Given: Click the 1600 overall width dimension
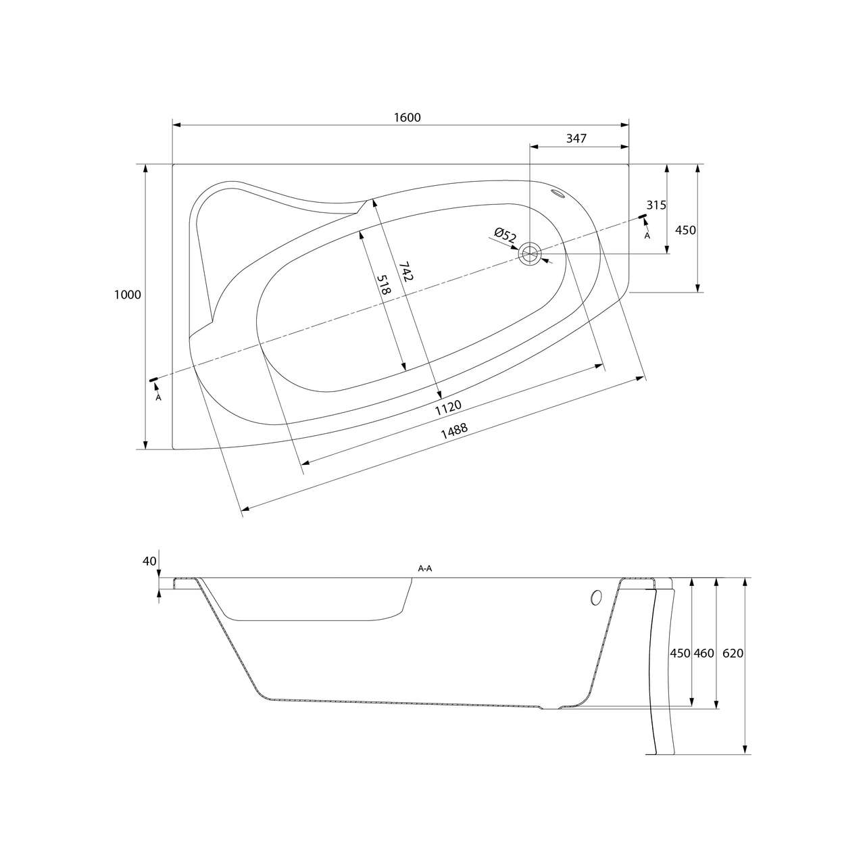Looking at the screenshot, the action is tap(407, 117).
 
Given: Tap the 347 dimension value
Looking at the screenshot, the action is tap(576, 139).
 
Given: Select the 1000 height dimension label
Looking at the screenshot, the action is tap(128, 295).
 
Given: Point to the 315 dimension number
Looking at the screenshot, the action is tap(656, 205).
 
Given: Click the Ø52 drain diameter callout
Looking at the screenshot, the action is tap(505, 235).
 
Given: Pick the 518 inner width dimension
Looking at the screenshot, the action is tap(384, 285).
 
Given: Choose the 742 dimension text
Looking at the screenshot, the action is tap(405, 271).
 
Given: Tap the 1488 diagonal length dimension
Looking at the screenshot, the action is tap(454, 431).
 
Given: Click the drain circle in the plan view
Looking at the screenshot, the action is tap(530, 253).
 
